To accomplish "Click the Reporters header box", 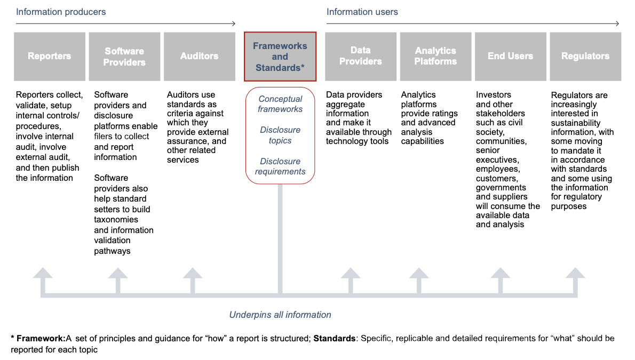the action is [x=50, y=57].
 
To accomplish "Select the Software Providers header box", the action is [x=124, y=57].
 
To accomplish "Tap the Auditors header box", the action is [x=199, y=57].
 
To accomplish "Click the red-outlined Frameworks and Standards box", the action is [x=280, y=57].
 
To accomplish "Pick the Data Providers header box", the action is [x=360, y=57].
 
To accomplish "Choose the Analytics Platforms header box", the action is [x=435, y=57].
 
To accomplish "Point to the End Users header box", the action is [x=510, y=57].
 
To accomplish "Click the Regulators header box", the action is [x=585, y=57].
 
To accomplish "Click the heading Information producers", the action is [x=61, y=12].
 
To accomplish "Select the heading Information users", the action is [x=362, y=12].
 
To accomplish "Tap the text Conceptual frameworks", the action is [x=280, y=104].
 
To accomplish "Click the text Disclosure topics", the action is [x=280, y=135].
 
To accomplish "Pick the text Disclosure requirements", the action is [x=280, y=166].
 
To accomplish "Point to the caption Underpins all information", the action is [x=280, y=315].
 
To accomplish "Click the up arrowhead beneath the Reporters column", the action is [x=43, y=273].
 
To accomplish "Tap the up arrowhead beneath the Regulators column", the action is [x=575, y=273].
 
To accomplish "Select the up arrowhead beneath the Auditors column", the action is [x=192, y=273].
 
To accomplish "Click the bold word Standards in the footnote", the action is [x=335, y=339].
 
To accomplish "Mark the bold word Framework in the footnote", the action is [x=39, y=339].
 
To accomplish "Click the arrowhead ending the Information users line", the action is [x=617, y=23].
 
